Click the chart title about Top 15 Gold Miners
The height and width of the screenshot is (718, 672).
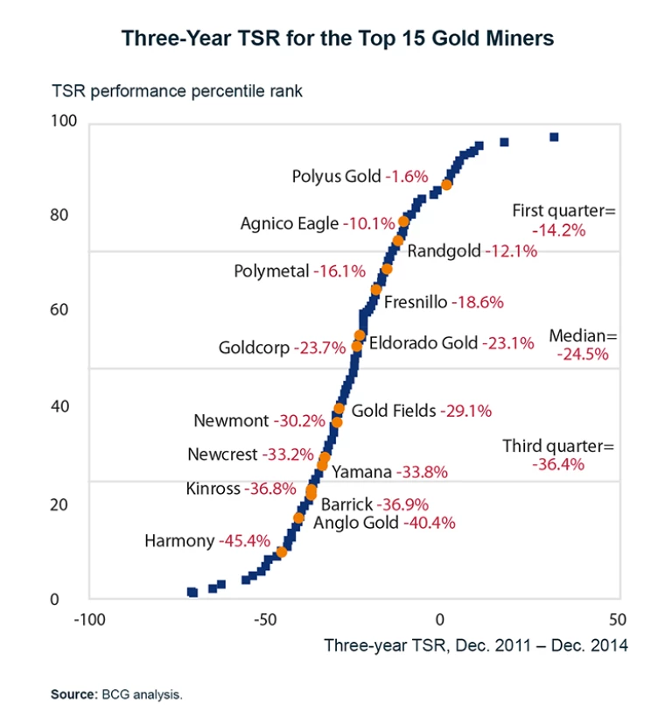[x=337, y=39]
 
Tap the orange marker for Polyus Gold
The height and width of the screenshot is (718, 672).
[x=447, y=185]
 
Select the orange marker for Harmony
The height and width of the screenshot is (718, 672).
[x=281, y=553]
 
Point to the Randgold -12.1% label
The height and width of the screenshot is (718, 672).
[x=472, y=250]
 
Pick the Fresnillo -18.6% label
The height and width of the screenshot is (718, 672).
[x=444, y=302]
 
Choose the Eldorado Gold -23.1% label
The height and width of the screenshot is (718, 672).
[x=451, y=343]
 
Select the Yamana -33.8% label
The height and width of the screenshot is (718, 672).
[x=389, y=472]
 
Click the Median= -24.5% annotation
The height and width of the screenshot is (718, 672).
[x=583, y=345]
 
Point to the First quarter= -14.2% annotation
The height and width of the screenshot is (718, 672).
[x=564, y=220]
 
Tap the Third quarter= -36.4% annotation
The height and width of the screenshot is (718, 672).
[x=558, y=455]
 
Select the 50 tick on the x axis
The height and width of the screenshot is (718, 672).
[x=617, y=619]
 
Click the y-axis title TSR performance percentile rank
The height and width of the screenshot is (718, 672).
[x=178, y=91]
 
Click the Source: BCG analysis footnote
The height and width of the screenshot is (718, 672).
[x=116, y=694]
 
